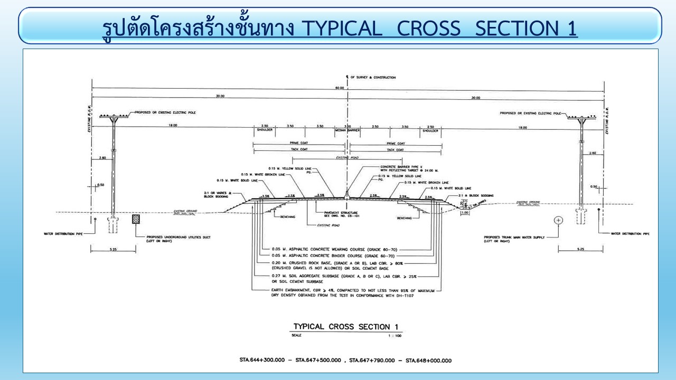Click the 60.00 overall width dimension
pos(347,88)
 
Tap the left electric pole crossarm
pos(114,116)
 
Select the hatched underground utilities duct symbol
pos(136,219)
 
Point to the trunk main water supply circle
pos(558,220)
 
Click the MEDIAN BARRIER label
pos(347,130)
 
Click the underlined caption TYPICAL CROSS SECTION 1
pos(346,327)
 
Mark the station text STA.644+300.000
pos(264,360)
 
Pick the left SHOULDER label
pos(265,130)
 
